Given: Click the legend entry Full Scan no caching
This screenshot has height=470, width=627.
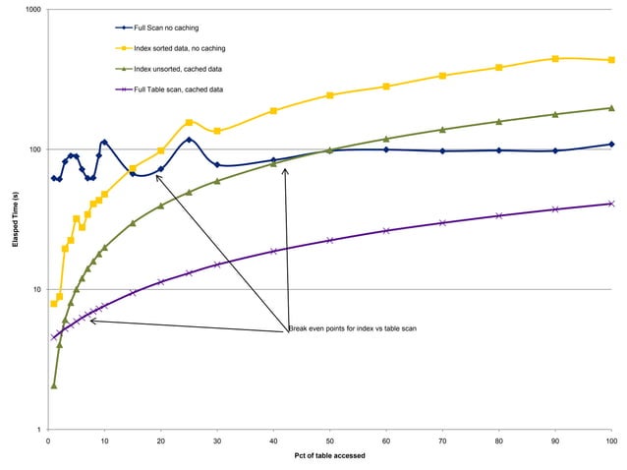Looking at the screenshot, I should [172, 28].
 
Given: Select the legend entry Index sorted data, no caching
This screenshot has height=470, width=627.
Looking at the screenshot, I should [185, 48].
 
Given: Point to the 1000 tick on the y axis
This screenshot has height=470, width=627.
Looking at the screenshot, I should [33, 10].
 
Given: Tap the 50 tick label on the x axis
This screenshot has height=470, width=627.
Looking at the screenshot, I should [330, 441].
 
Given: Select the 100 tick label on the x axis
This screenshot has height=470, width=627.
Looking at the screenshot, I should [611, 441].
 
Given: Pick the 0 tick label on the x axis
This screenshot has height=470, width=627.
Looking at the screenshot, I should [49, 441].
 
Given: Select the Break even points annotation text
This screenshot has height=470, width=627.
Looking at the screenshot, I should [352, 327].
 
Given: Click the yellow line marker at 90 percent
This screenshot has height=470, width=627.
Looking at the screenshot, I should [555, 59].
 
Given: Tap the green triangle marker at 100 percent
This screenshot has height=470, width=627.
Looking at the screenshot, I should [611, 108].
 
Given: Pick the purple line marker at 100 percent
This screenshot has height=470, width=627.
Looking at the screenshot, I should [611, 204].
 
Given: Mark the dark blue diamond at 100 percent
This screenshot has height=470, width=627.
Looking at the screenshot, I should [611, 145].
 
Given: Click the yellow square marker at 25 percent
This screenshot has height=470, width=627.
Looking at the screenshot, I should [189, 122].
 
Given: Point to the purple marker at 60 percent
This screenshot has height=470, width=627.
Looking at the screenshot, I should [386, 231].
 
